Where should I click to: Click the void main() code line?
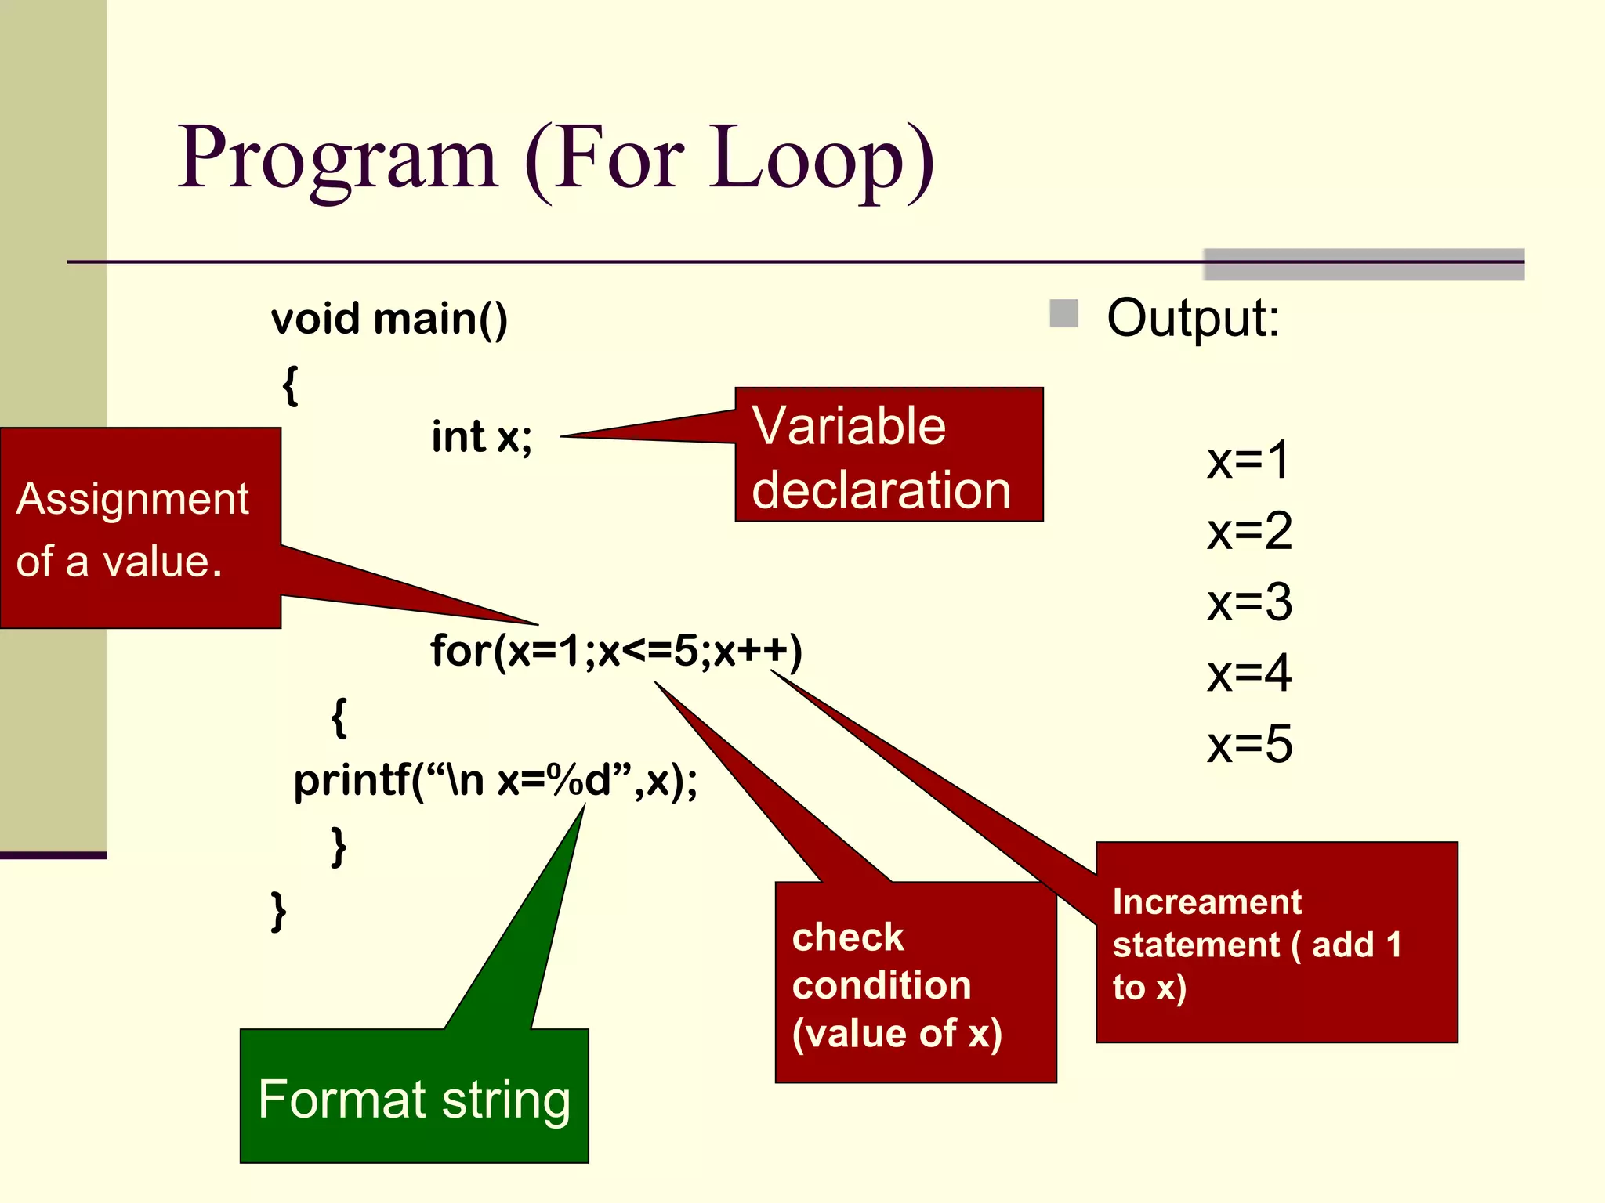[x=389, y=320]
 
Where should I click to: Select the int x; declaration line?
[x=481, y=437]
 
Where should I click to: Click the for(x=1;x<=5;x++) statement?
[x=616, y=651]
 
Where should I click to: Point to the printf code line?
[x=495, y=781]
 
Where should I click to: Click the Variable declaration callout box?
[x=889, y=455]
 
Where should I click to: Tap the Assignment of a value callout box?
[x=140, y=529]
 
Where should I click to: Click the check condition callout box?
[x=915, y=983]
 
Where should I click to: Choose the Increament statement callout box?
[x=1276, y=943]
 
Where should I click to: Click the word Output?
[x=1193, y=319]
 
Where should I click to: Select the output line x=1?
[x=1248, y=461]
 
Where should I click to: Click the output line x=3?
[x=1249, y=603]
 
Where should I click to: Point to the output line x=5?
[x=1249, y=745]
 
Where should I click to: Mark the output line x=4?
[x=1249, y=674]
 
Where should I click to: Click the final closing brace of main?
[x=278, y=911]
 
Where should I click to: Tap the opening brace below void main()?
[x=290, y=385]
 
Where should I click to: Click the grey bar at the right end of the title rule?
[x=1364, y=265]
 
